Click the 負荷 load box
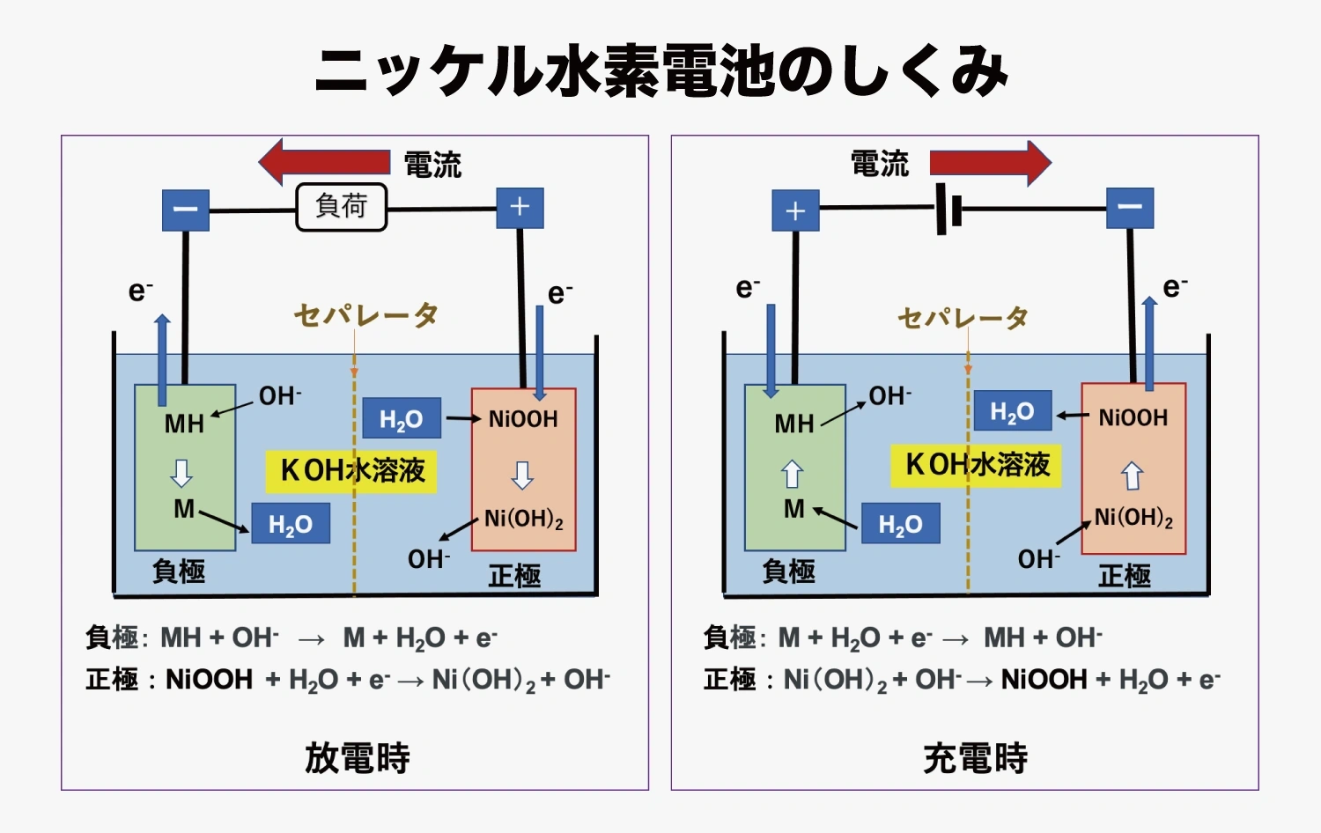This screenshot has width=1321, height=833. click(x=342, y=207)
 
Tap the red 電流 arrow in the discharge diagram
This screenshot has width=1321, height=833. click(x=326, y=162)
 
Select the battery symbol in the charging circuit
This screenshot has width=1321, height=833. click(x=948, y=210)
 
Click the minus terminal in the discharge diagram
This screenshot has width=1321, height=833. click(x=186, y=210)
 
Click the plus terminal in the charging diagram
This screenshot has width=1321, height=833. click(x=795, y=211)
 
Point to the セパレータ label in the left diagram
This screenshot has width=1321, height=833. click(x=365, y=315)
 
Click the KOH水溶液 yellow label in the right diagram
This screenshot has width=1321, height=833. click(x=977, y=465)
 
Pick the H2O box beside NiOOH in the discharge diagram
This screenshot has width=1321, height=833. click(x=401, y=419)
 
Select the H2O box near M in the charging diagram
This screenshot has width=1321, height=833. click(x=900, y=525)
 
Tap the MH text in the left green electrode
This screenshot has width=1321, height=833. click(x=184, y=424)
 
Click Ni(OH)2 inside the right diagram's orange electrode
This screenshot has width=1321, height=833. click(x=1133, y=518)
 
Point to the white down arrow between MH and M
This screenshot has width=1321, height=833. click(x=181, y=473)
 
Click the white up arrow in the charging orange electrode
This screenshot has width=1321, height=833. click(x=1133, y=475)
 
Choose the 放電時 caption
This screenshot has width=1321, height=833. click(x=357, y=758)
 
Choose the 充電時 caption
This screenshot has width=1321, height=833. click(x=975, y=758)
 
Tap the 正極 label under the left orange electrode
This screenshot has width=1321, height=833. click(x=514, y=577)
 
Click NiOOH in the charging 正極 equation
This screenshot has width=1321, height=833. click(x=1044, y=680)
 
